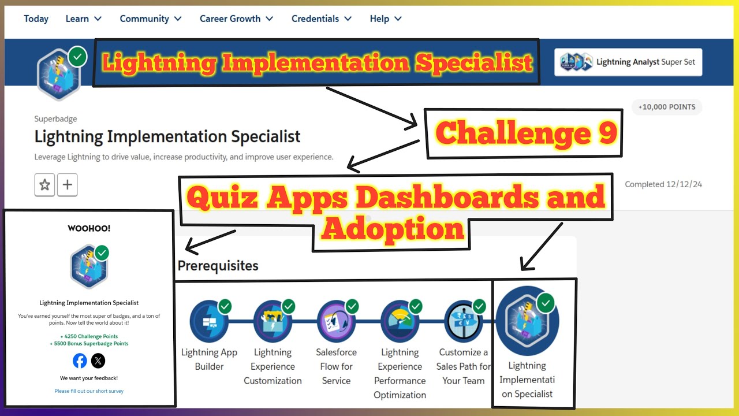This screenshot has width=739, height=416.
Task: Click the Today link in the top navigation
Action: [x=36, y=18]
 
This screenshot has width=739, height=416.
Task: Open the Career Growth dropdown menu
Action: [x=236, y=18]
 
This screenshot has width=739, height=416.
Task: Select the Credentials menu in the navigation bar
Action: [x=321, y=18]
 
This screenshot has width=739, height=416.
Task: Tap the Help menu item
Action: [x=385, y=18]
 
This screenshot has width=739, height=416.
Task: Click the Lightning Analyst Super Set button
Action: [x=628, y=62]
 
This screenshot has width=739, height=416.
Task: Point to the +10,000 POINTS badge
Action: [x=667, y=107]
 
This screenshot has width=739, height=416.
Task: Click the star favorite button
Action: [x=44, y=185]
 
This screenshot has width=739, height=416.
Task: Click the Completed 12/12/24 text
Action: [x=663, y=184]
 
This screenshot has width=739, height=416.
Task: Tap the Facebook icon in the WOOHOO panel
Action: [x=80, y=361]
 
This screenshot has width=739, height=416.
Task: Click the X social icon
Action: [x=98, y=361]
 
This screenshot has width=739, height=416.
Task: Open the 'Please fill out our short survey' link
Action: [x=89, y=391]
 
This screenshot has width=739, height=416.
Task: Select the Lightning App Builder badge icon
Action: [x=208, y=321]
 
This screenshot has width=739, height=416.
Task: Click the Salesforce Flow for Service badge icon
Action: [x=336, y=321]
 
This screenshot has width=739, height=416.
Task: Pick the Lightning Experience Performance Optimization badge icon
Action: [x=400, y=321]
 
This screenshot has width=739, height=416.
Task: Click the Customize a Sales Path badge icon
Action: [x=463, y=321]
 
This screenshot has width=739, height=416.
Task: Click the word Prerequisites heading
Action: [x=218, y=266]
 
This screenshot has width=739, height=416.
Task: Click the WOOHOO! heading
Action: [x=89, y=228]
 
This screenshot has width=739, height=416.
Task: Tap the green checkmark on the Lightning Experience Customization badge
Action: [x=289, y=306]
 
